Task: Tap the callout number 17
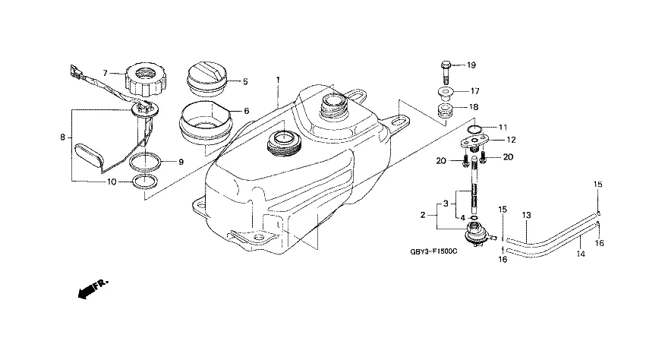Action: point(475,91)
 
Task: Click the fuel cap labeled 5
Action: point(206,80)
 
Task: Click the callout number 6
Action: point(247,111)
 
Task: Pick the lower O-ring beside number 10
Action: point(146,182)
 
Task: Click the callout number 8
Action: point(63,137)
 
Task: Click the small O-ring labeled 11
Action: point(474,129)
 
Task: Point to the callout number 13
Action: point(526,216)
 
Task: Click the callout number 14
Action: point(581,254)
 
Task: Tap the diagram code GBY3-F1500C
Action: point(433,251)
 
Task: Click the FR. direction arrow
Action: point(93,289)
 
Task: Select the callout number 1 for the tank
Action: point(278,80)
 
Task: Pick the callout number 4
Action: point(463,218)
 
